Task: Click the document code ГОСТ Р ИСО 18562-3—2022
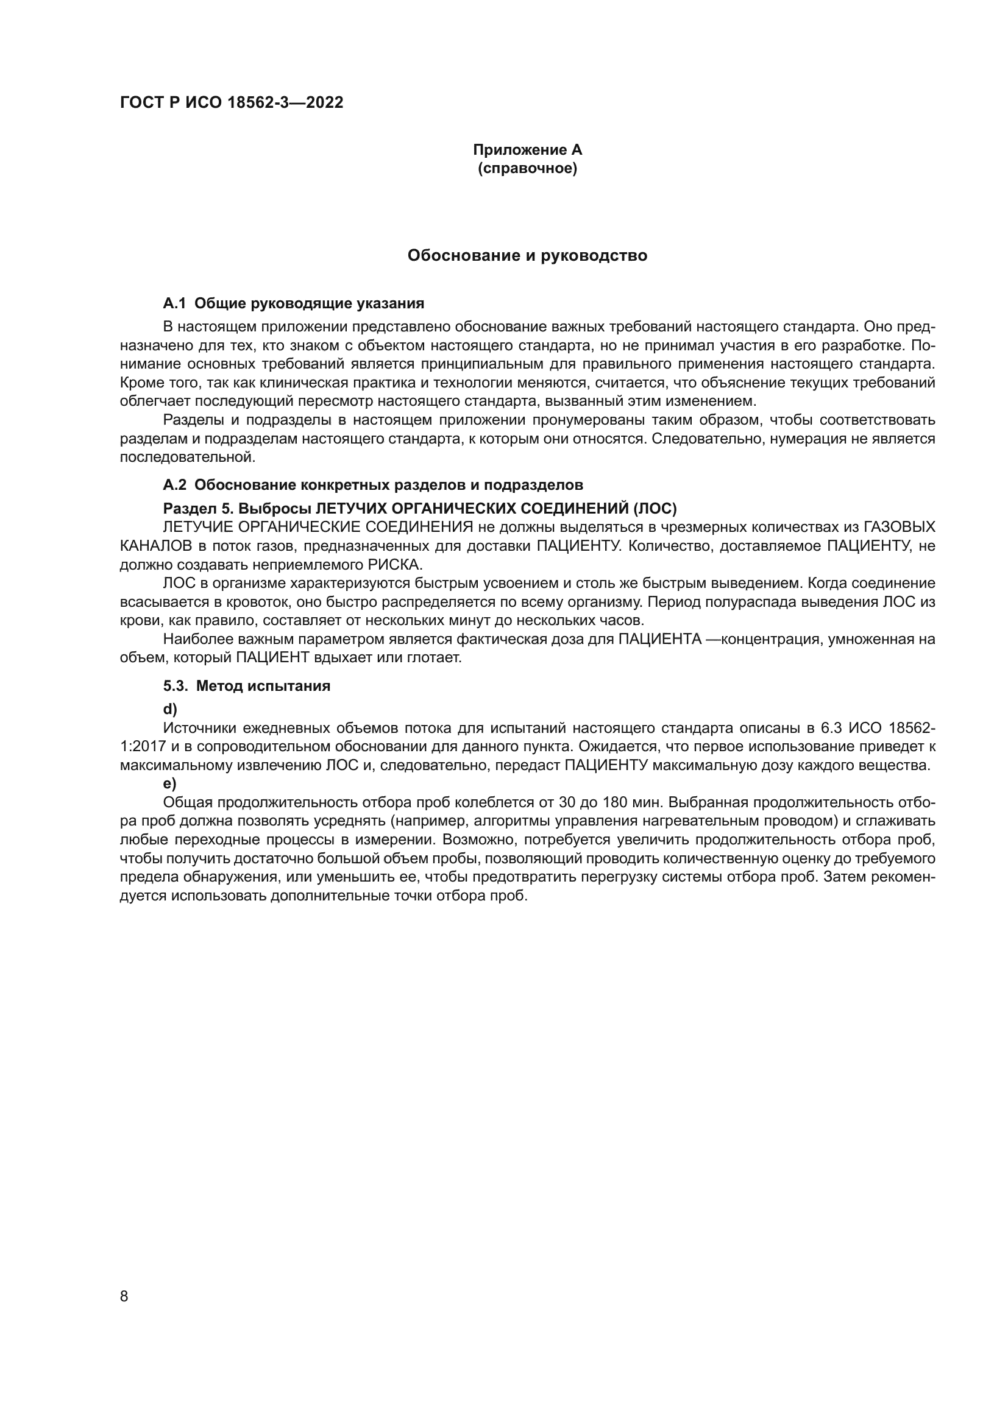231,103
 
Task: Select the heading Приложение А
527,150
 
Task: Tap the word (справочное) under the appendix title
527,169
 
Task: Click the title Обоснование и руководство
527,256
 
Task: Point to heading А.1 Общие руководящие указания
293,303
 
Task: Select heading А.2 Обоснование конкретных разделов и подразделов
372,485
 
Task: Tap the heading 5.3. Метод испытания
246,687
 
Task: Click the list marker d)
169,709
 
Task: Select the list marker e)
169,784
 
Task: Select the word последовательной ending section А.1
187,458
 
